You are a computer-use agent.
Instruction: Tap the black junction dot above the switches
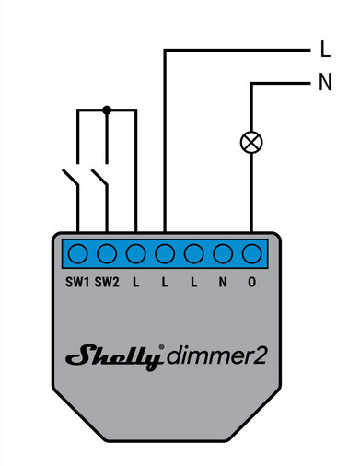click(107, 110)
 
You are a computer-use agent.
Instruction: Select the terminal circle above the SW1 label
click(78, 252)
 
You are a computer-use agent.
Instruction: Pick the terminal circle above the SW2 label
click(107, 252)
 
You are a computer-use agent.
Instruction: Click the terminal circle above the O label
click(251, 252)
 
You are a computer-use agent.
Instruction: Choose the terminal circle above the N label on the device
click(223, 252)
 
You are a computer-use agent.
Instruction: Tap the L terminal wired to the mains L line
click(165, 252)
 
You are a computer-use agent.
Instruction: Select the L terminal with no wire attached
click(193, 252)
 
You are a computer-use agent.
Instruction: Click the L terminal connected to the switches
click(135, 252)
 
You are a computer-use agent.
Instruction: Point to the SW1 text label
click(78, 282)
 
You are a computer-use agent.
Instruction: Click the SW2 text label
click(108, 282)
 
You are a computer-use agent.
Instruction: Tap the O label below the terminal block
click(251, 282)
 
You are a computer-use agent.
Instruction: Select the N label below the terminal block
click(223, 282)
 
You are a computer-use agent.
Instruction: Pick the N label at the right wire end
click(324, 83)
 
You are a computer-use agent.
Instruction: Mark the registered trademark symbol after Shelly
click(162, 348)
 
